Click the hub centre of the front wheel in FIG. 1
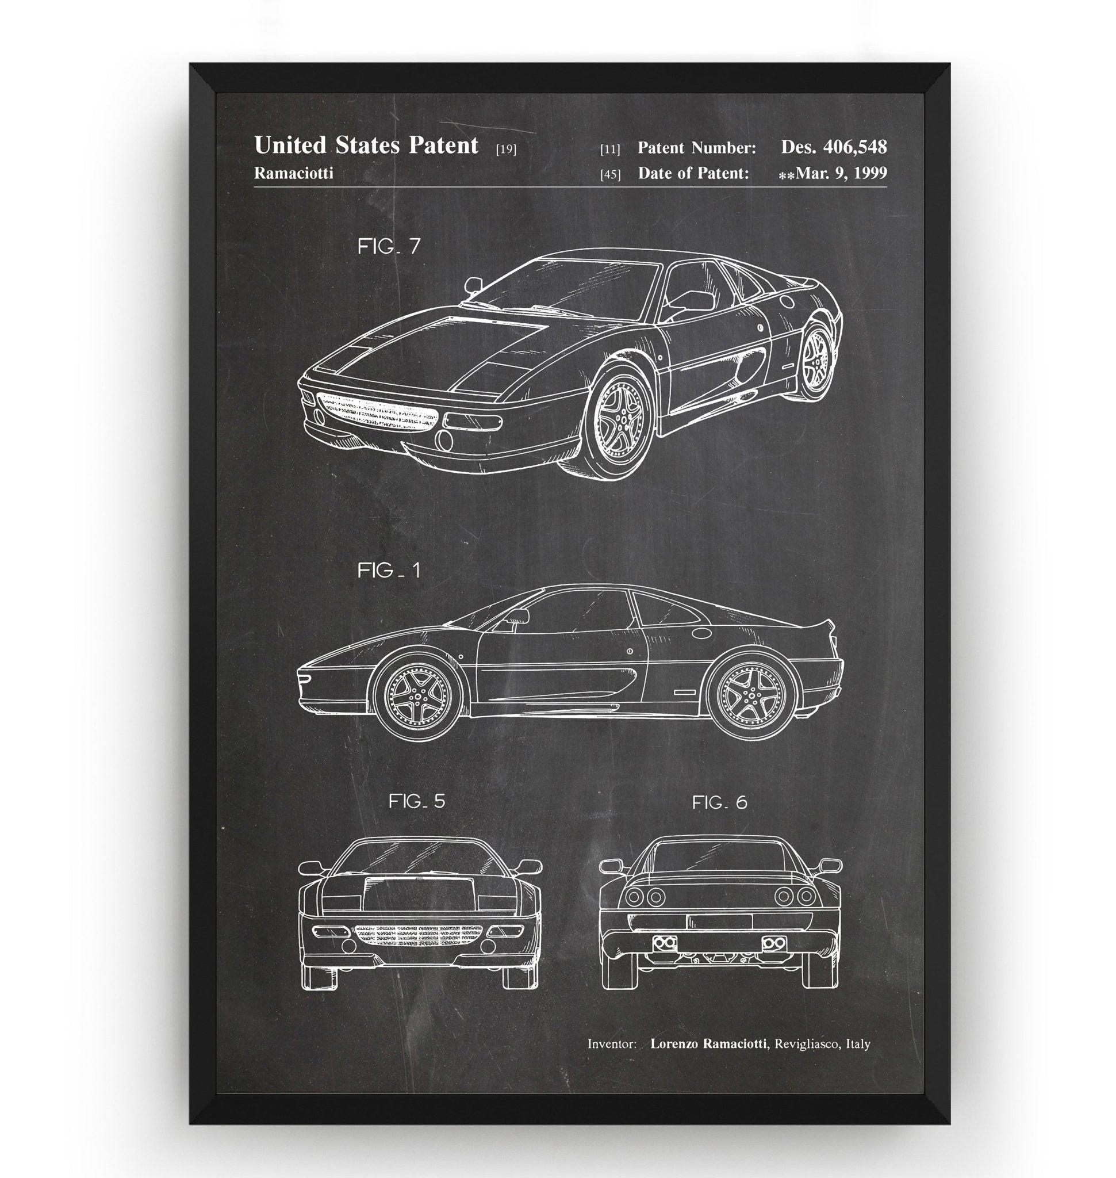(x=416, y=695)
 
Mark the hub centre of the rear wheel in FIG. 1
(x=748, y=694)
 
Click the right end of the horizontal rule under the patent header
(x=887, y=187)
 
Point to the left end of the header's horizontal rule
(x=254, y=187)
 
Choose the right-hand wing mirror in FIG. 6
(x=829, y=866)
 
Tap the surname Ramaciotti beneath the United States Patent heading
(x=293, y=173)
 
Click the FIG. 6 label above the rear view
(x=719, y=802)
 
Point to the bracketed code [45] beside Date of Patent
(x=611, y=175)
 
